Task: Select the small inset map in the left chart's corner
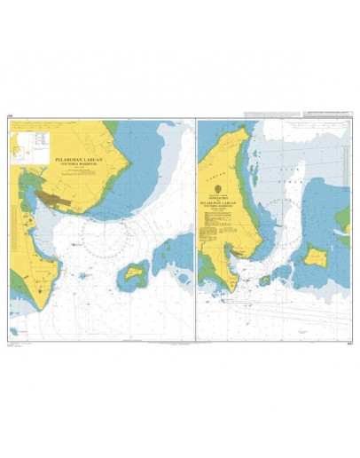click(26, 147)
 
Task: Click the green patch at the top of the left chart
click(110, 126)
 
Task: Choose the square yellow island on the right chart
click(315, 257)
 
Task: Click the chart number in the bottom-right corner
click(348, 344)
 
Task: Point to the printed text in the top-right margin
click(319, 114)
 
